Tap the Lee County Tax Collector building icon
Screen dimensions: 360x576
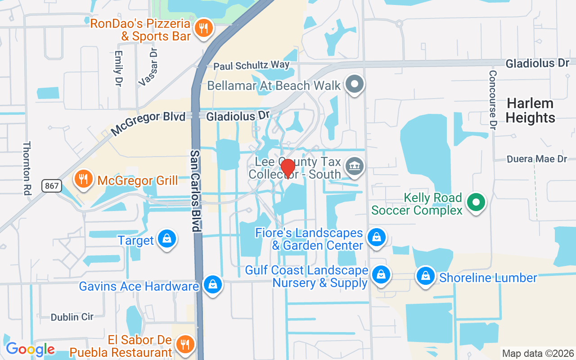(354, 167)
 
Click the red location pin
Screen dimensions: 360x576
(288, 169)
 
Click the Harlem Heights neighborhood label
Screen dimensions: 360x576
(530, 111)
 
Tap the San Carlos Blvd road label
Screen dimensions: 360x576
(195, 191)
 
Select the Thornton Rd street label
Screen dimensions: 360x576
(27, 168)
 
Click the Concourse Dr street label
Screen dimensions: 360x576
(493, 100)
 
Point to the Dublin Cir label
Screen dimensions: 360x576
(72, 317)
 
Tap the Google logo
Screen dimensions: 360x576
(30, 349)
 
